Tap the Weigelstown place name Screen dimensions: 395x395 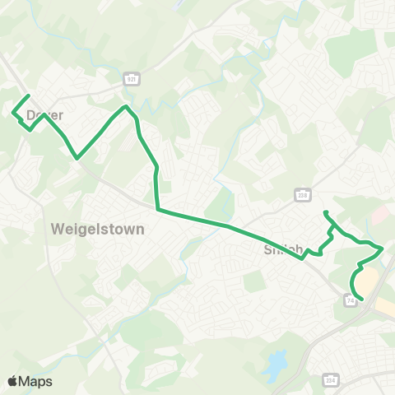(97, 229)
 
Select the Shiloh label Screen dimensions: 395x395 (285, 249)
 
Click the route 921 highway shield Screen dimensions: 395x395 (131, 78)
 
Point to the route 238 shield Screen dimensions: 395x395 (302, 193)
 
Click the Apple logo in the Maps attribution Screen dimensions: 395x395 (13, 381)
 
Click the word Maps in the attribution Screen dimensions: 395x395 (36, 381)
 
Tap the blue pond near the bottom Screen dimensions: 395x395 (276, 360)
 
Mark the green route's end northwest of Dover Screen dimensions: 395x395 (29, 96)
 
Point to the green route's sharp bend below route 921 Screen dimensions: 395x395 (125, 106)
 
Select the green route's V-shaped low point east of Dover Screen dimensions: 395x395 (77, 157)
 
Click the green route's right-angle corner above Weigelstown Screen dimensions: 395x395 (157, 209)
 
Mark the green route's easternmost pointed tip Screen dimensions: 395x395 (383, 247)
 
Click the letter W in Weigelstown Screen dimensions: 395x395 (57, 229)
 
